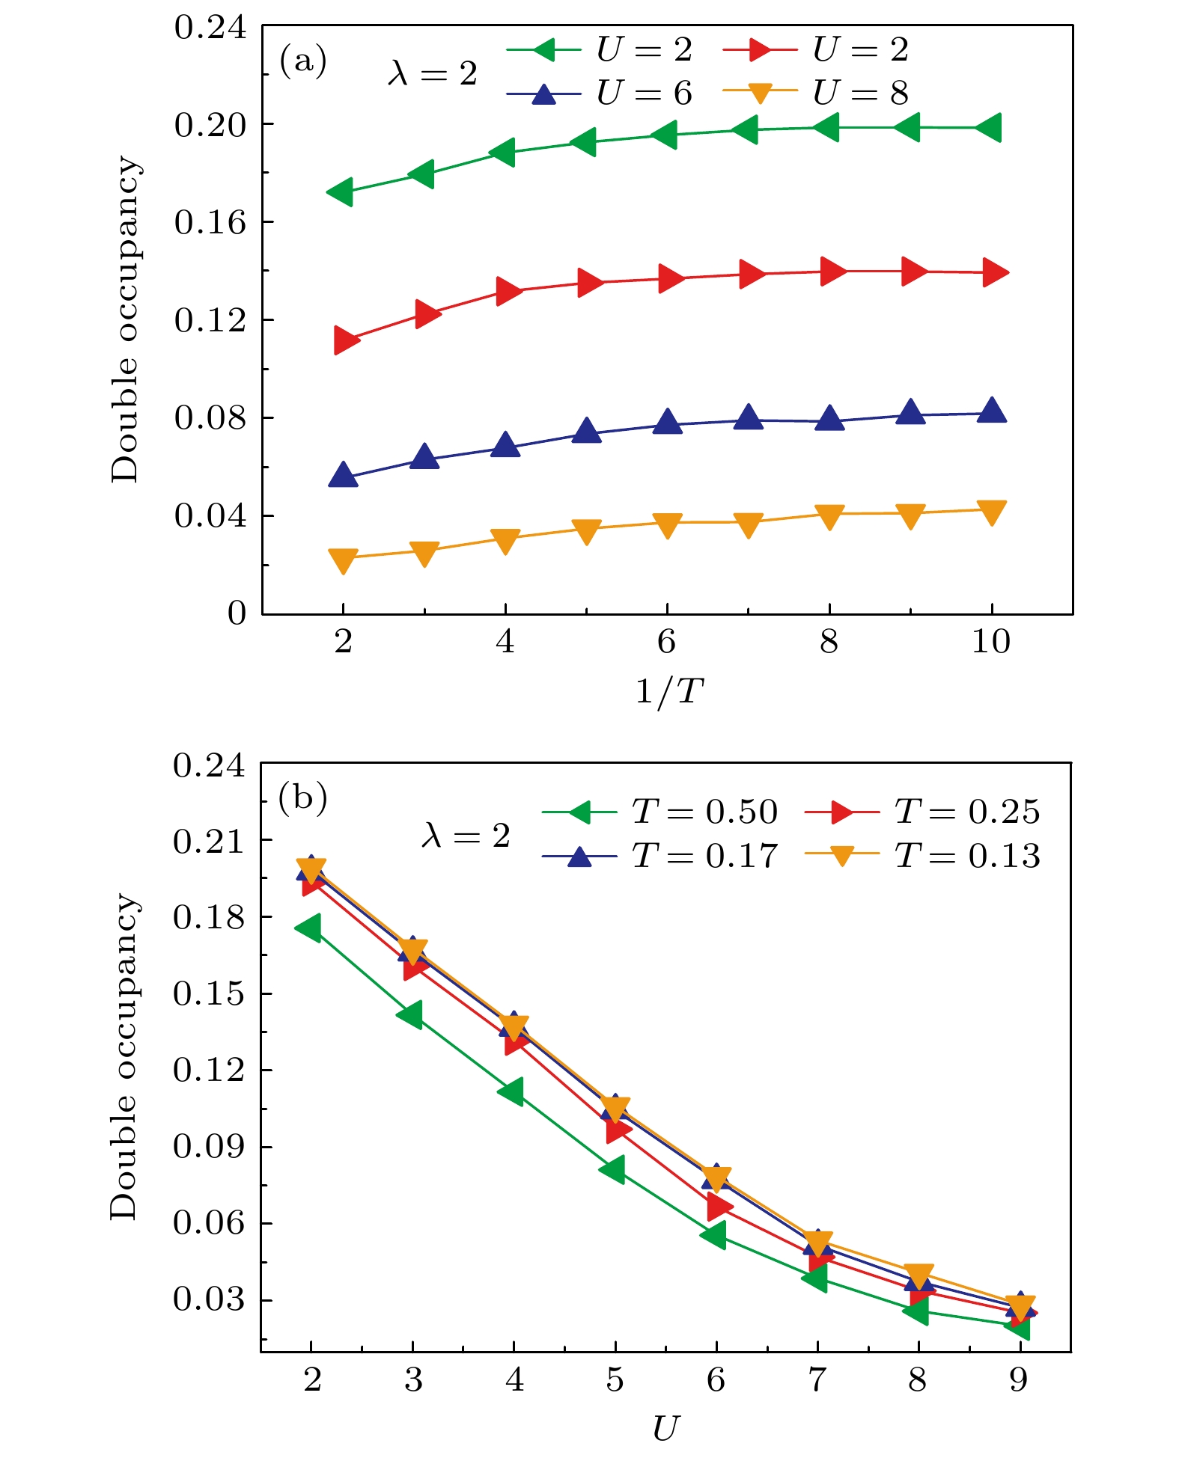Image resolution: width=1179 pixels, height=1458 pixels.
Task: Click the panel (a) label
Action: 302,61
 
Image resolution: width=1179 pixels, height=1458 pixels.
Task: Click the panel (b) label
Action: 302,798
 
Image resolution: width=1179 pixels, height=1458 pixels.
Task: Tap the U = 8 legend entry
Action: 817,94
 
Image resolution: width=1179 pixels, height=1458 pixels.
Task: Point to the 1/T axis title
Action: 668,691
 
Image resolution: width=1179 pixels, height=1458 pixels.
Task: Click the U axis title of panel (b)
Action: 665,1428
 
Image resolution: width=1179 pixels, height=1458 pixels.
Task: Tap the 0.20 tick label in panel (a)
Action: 210,125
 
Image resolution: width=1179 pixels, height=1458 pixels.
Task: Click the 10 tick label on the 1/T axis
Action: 990,642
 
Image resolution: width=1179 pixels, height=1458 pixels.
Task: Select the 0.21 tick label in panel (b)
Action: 209,842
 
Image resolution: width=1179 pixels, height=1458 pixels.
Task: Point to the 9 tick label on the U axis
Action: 1019,1379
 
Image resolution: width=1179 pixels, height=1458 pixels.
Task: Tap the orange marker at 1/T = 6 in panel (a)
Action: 667,524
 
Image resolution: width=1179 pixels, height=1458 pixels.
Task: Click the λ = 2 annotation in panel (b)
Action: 466,836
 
